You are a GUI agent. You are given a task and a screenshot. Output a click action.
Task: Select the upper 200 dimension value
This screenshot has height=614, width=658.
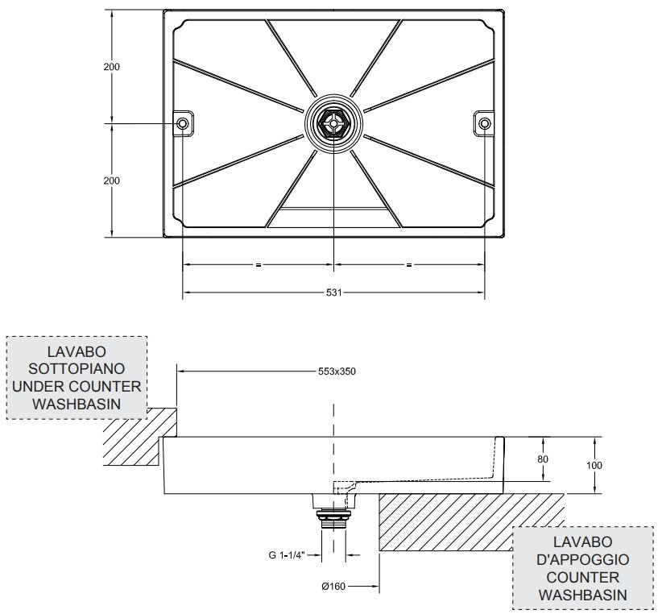pyautogui.click(x=111, y=67)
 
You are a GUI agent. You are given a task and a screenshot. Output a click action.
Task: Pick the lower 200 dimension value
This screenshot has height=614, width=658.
pyautogui.click(x=111, y=180)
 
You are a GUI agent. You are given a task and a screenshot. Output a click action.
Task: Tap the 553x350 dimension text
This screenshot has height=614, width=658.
pyautogui.click(x=337, y=371)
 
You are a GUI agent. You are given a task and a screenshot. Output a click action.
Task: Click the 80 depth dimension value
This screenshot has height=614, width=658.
pyautogui.click(x=543, y=458)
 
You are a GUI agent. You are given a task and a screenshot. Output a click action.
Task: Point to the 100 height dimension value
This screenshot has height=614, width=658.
pyautogui.click(x=594, y=465)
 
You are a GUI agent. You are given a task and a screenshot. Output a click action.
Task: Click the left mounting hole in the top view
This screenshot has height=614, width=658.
pyautogui.click(x=182, y=123)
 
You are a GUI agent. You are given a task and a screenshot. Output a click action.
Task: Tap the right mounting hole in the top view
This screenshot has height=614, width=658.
pyautogui.click(x=485, y=123)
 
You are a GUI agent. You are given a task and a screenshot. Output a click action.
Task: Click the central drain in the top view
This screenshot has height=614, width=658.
pyautogui.click(x=333, y=124)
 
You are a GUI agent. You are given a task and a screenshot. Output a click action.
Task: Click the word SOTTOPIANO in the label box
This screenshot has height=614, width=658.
pyautogui.click(x=77, y=368)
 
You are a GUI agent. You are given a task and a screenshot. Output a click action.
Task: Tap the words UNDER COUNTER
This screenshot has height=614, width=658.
pyautogui.click(x=77, y=386)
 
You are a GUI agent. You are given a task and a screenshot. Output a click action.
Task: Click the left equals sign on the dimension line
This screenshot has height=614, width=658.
pyautogui.click(x=258, y=264)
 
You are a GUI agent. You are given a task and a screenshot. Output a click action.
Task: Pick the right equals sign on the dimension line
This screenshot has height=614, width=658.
pyautogui.click(x=409, y=264)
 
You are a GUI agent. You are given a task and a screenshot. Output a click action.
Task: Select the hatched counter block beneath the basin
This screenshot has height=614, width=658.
pyautogui.click(x=467, y=520)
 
